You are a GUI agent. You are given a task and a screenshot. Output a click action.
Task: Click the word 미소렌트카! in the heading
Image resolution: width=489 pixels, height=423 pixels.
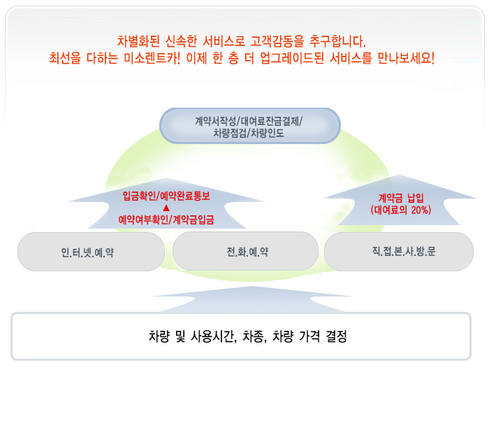click(152, 58)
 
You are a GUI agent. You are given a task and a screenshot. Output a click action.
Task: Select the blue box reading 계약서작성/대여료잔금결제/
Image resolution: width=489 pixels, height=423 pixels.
click(250, 126)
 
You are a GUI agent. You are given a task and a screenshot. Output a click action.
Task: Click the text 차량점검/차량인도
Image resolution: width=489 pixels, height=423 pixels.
click(249, 133)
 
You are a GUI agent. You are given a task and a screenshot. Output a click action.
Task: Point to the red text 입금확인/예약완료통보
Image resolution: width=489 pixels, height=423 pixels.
click(166, 196)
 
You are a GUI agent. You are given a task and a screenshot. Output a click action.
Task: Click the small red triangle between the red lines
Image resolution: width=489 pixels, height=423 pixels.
click(166, 208)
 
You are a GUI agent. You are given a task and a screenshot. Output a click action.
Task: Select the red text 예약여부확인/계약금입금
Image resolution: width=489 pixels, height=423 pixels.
click(166, 220)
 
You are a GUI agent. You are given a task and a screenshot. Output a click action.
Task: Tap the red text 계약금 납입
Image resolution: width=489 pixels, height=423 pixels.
click(401, 198)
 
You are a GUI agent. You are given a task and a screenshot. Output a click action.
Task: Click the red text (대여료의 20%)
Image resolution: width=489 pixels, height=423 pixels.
click(401, 210)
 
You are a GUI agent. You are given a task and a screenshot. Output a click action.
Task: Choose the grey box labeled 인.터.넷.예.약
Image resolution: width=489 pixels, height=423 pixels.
click(91, 252)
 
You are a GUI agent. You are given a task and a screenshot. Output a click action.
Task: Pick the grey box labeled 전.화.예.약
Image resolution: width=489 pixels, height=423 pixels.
click(245, 251)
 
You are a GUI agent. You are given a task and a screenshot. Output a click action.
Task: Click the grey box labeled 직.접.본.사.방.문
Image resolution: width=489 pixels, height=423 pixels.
click(399, 251)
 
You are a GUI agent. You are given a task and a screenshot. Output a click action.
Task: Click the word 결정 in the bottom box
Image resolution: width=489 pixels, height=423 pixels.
click(336, 336)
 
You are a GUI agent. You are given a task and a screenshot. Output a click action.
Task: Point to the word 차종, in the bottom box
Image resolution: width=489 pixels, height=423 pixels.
click(255, 336)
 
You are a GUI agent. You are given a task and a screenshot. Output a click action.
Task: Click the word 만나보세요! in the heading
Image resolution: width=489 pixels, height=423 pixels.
click(406, 58)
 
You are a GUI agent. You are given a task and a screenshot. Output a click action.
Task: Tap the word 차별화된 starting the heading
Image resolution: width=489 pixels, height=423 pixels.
click(138, 41)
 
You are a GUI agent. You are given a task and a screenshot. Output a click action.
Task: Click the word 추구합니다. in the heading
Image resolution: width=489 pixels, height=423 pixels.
click(337, 41)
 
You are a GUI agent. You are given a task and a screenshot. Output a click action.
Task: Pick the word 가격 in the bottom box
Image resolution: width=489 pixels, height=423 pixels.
click(309, 336)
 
